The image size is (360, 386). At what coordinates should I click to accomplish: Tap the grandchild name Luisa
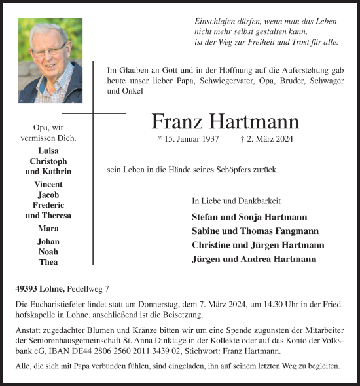click(48, 150)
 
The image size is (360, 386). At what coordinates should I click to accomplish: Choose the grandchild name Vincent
click(48, 185)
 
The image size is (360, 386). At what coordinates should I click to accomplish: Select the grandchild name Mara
click(48, 228)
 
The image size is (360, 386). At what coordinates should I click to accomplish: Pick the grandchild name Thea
click(48, 261)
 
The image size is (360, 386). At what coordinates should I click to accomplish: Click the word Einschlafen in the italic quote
click(215, 20)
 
